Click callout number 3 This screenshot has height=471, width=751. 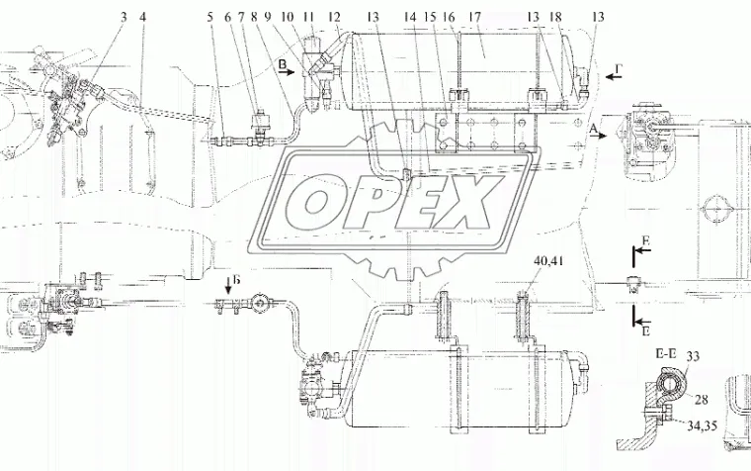(x=124, y=17)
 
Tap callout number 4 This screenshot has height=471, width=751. (x=142, y=17)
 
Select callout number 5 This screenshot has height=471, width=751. (x=210, y=17)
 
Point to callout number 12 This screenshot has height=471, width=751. (x=335, y=17)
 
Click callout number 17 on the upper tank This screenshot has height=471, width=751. (x=474, y=17)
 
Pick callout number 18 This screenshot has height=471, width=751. (x=555, y=17)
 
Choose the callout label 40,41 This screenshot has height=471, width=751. (x=548, y=261)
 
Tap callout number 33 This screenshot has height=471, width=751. (x=692, y=356)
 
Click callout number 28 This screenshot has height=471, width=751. (x=701, y=399)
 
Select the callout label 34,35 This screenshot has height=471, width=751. (x=703, y=425)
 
